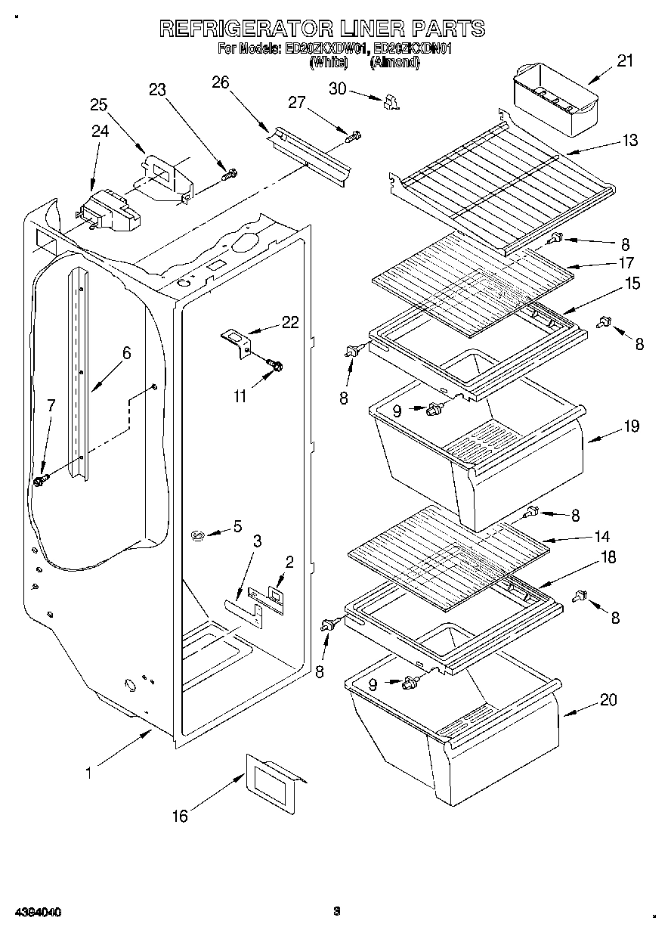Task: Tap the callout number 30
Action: pos(338,88)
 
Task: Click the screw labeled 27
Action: pos(352,136)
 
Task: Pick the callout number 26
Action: pos(220,82)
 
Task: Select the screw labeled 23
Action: pos(228,175)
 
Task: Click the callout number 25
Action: pos(99,104)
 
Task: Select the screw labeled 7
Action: pos(41,479)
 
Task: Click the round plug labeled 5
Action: pos(199,536)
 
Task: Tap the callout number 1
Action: pos(88,772)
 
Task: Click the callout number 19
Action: pos(631,426)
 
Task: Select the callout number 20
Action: pos(608,700)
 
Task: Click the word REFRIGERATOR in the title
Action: pos(246,29)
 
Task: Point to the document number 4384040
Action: pos(37,913)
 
